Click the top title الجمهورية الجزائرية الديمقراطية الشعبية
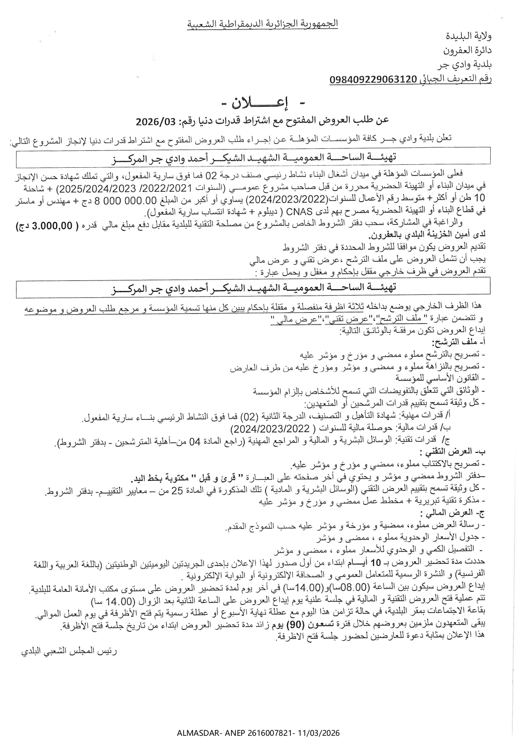tap(262, 24)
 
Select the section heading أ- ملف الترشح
tap(459, 342)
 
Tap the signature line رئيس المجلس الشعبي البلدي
tap(69, 651)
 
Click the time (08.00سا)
tap(351, 588)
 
